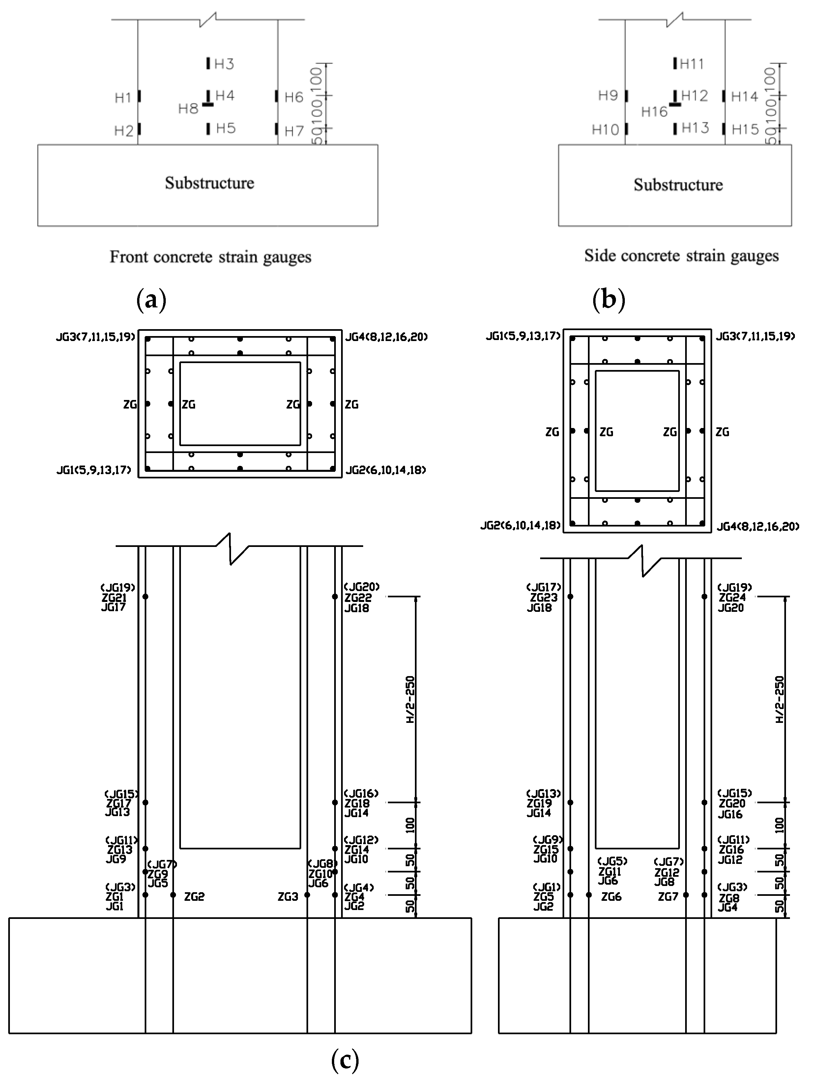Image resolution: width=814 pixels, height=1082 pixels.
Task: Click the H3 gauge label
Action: tap(224, 64)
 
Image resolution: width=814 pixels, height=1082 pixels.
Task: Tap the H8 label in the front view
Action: tap(188, 109)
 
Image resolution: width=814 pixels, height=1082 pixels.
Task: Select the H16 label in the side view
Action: tap(654, 112)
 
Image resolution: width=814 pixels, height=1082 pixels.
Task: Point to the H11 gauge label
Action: tap(692, 64)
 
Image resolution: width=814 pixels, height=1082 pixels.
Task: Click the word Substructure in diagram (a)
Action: tap(209, 183)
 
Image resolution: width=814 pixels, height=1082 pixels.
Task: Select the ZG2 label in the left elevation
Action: tap(194, 897)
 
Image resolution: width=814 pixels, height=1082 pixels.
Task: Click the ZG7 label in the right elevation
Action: tap(668, 897)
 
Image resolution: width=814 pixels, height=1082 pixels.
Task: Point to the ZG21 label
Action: tap(114, 598)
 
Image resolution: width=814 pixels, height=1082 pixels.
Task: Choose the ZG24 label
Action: tap(732, 598)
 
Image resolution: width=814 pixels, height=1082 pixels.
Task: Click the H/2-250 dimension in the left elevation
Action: tap(410, 699)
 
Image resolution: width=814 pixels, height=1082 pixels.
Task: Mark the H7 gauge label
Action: tap(294, 131)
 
